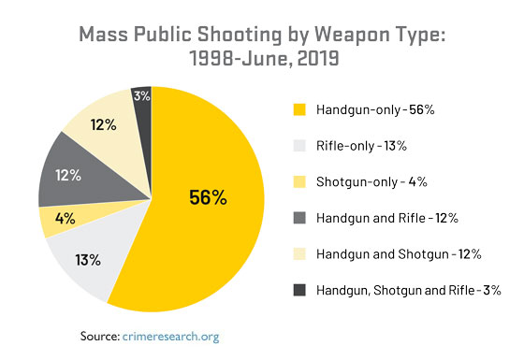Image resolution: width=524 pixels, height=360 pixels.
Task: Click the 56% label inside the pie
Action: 207,197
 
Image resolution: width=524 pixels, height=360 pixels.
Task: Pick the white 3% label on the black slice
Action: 141,95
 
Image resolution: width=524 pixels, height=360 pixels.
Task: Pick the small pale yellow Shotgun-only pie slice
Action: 56,220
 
